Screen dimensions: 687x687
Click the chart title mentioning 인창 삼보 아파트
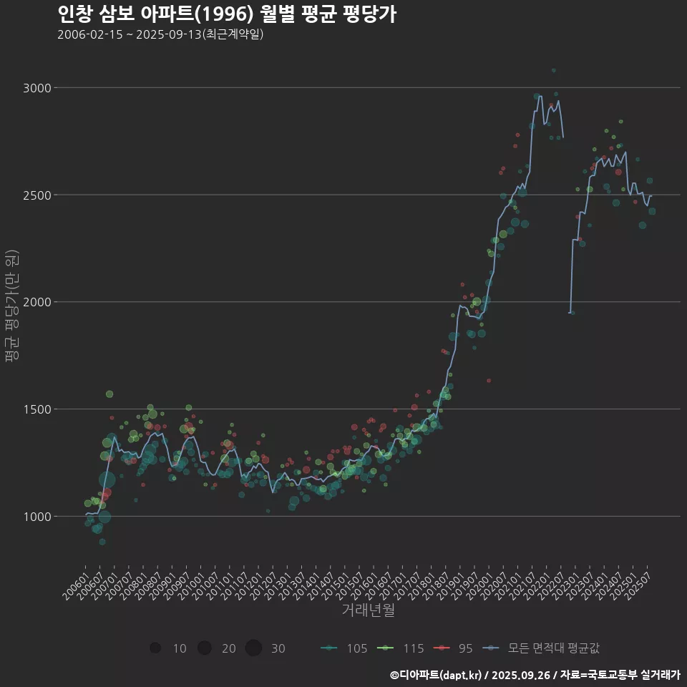pos(226,14)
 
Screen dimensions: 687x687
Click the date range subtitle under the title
pos(161,34)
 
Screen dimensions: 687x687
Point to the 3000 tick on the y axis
pos(36,88)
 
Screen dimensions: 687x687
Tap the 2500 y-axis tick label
pos(36,195)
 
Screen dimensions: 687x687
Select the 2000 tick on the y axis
pos(36,302)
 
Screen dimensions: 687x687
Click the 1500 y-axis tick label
pos(36,409)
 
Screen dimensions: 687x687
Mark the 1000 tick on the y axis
pos(36,517)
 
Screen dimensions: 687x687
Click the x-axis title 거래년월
pos(368,610)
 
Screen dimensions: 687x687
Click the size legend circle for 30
pos(253,648)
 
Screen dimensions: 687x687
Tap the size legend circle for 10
pos(155,648)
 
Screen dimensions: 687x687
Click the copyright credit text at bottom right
pos(535,674)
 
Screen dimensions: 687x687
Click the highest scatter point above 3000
pos(553,71)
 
